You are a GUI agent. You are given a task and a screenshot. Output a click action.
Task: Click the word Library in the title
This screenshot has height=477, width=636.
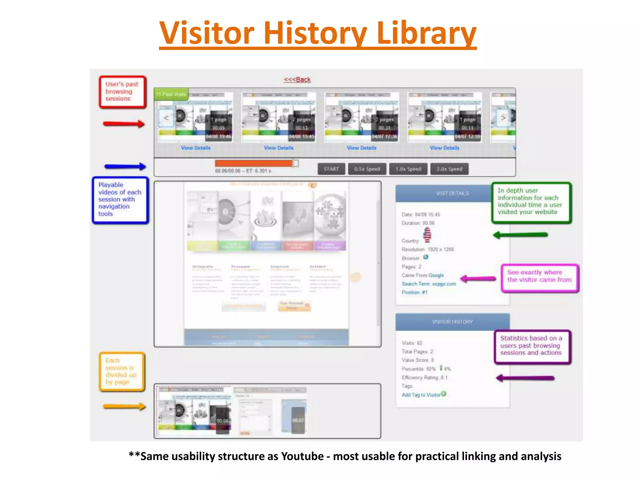427,33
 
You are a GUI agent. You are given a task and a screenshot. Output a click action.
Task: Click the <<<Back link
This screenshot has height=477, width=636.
297,79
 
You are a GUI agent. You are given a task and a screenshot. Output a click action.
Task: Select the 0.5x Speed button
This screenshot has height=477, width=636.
367,169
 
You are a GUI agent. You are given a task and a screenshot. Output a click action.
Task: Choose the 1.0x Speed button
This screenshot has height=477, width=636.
408,169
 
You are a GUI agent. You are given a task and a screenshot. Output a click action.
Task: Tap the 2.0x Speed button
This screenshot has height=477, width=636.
449,169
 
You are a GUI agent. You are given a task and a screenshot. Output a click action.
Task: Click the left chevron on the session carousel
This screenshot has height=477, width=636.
166,118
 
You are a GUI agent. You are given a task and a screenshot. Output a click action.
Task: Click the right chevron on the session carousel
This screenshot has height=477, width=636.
503,118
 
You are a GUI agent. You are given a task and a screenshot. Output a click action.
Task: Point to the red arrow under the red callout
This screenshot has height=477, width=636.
124,124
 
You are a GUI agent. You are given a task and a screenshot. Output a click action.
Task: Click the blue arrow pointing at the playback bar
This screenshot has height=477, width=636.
125,166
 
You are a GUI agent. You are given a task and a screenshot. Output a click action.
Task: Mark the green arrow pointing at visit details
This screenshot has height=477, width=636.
520,235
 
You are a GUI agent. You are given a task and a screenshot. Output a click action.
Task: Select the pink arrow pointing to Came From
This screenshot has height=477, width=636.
478,279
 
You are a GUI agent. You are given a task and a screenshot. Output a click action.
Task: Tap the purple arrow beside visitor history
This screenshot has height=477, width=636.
525,378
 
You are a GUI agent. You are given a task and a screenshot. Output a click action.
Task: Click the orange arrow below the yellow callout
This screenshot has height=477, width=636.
124,407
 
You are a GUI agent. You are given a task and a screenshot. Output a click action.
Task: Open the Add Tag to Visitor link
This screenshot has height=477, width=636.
421,395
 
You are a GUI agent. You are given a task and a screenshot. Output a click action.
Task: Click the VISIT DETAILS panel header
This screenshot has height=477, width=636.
452,193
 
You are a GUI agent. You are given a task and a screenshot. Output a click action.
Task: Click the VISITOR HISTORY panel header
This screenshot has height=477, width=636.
452,322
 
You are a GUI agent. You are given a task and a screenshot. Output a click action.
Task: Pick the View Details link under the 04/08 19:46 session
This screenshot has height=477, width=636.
196,148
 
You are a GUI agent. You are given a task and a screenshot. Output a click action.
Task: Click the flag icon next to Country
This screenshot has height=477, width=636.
427,235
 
